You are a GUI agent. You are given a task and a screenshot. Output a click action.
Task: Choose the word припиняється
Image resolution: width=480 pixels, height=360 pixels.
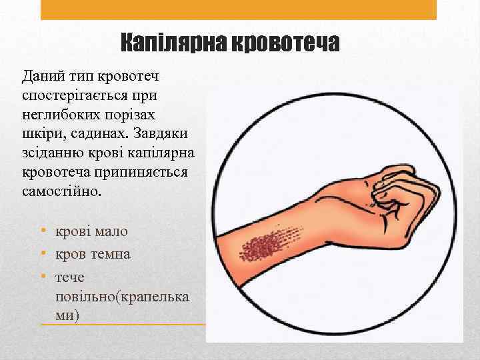[x=133, y=172]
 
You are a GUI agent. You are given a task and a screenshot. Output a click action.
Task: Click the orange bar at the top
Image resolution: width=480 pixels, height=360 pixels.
[x=239, y=9]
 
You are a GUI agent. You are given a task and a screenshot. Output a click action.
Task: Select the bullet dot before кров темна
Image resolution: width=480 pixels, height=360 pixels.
[x=43, y=254]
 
